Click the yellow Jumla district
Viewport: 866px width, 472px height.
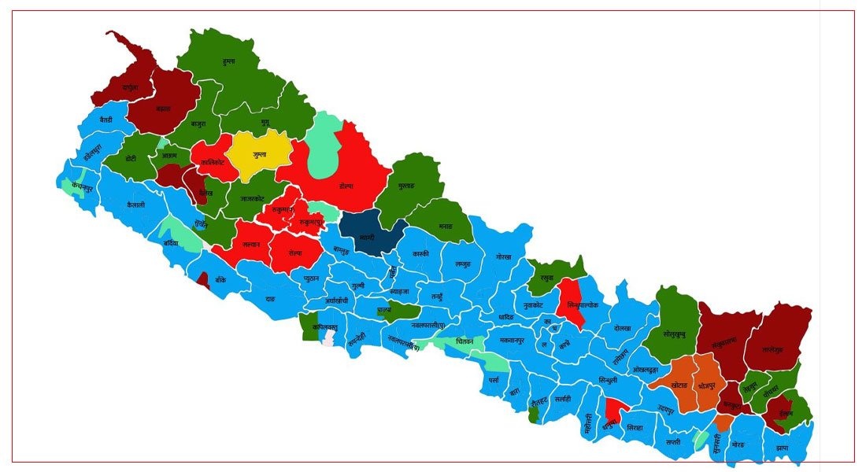(x=261, y=154)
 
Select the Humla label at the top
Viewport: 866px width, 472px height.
(x=229, y=61)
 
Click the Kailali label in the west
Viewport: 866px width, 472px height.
(x=135, y=204)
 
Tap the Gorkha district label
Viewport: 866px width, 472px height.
(x=504, y=257)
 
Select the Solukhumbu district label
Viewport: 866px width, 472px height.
(x=675, y=334)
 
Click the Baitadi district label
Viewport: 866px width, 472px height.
(x=106, y=120)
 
